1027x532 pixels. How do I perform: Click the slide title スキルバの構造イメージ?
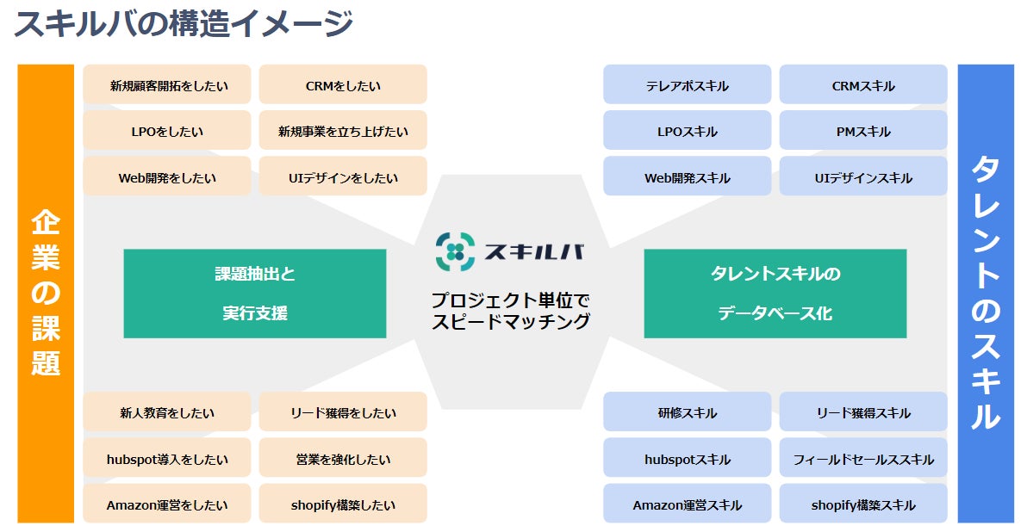pyautogui.click(x=184, y=23)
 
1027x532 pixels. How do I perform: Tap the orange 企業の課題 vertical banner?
pyautogui.click(x=46, y=294)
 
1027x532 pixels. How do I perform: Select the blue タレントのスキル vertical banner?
pyautogui.click(x=986, y=294)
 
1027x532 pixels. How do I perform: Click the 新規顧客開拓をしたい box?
pyautogui.click(x=167, y=85)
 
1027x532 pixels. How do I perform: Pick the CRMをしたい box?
pyautogui.click(x=343, y=85)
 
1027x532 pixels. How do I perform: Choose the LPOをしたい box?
pyautogui.click(x=167, y=132)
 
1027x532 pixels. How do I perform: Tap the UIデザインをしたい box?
pyautogui.click(x=343, y=178)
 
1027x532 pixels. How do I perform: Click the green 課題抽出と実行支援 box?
pyautogui.click(x=255, y=294)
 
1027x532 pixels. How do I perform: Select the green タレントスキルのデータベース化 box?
pyautogui.click(x=775, y=294)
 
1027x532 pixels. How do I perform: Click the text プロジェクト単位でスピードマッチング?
pyautogui.click(x=511, y=312)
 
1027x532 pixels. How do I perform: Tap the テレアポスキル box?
pyautogui.click(x=688, y=85)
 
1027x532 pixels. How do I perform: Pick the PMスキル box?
pyautogui.click(x=863, y=132)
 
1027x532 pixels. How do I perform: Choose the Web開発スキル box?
pyautogui.click(x=688, y=178)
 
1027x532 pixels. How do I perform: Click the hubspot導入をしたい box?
pyautogui.click(x=167, y=459)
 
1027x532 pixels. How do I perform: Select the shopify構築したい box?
pyautogui.click(x=343, y=505)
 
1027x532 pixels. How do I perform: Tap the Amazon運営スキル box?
pyautogui.click(x=688, y=505)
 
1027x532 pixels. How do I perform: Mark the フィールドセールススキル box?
pyautogui.click(x=863, y=459)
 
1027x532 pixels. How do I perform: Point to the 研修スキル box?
pyautogui.click(x=688, y=412)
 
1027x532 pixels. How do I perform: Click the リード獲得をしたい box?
pyautogui.click(x=343, y=412)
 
